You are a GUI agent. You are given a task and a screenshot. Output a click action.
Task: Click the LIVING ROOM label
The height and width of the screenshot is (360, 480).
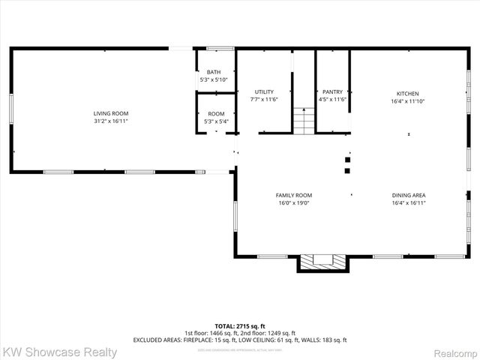pos(106,112)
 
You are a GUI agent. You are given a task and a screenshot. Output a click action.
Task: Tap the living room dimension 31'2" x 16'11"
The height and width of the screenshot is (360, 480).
pos(106,121)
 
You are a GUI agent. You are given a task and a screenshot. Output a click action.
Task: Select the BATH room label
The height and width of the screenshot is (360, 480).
pos(214,72)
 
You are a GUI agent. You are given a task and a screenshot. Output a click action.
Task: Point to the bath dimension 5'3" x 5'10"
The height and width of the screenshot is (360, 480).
pos(214,79)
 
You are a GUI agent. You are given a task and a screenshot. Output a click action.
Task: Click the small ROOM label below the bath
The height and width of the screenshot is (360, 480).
pos(215,113)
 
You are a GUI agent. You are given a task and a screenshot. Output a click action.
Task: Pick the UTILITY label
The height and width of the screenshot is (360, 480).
pos(264,91)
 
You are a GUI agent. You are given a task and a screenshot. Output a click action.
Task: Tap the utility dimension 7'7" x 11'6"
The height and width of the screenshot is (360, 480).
pos(264,100)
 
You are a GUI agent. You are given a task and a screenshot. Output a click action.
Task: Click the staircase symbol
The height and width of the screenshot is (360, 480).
pos(301,121)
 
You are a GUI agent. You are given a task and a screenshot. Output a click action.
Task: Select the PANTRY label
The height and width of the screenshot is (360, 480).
pos(332,91)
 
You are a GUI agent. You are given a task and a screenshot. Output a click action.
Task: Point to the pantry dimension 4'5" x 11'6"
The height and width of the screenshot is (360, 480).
pos(332,100)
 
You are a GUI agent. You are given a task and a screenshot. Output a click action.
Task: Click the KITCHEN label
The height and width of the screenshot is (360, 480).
pos(407,93)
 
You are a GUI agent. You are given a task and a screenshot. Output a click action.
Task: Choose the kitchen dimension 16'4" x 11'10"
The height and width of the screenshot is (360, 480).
pos(407,101)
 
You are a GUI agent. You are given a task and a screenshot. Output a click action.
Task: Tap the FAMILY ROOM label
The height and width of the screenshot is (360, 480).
pos(294,194)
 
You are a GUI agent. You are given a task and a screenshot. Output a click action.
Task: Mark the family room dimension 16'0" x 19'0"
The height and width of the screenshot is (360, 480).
pos(294,202)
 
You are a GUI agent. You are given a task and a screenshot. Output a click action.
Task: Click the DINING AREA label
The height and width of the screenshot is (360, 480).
pos(408,194)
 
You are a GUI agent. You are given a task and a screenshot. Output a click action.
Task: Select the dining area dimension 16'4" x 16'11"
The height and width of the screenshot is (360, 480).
pos(408,202)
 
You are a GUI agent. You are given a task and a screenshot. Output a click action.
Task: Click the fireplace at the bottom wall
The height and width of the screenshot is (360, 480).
pos(323,262)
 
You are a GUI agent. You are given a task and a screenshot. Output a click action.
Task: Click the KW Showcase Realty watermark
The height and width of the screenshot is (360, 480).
pos(60,352)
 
